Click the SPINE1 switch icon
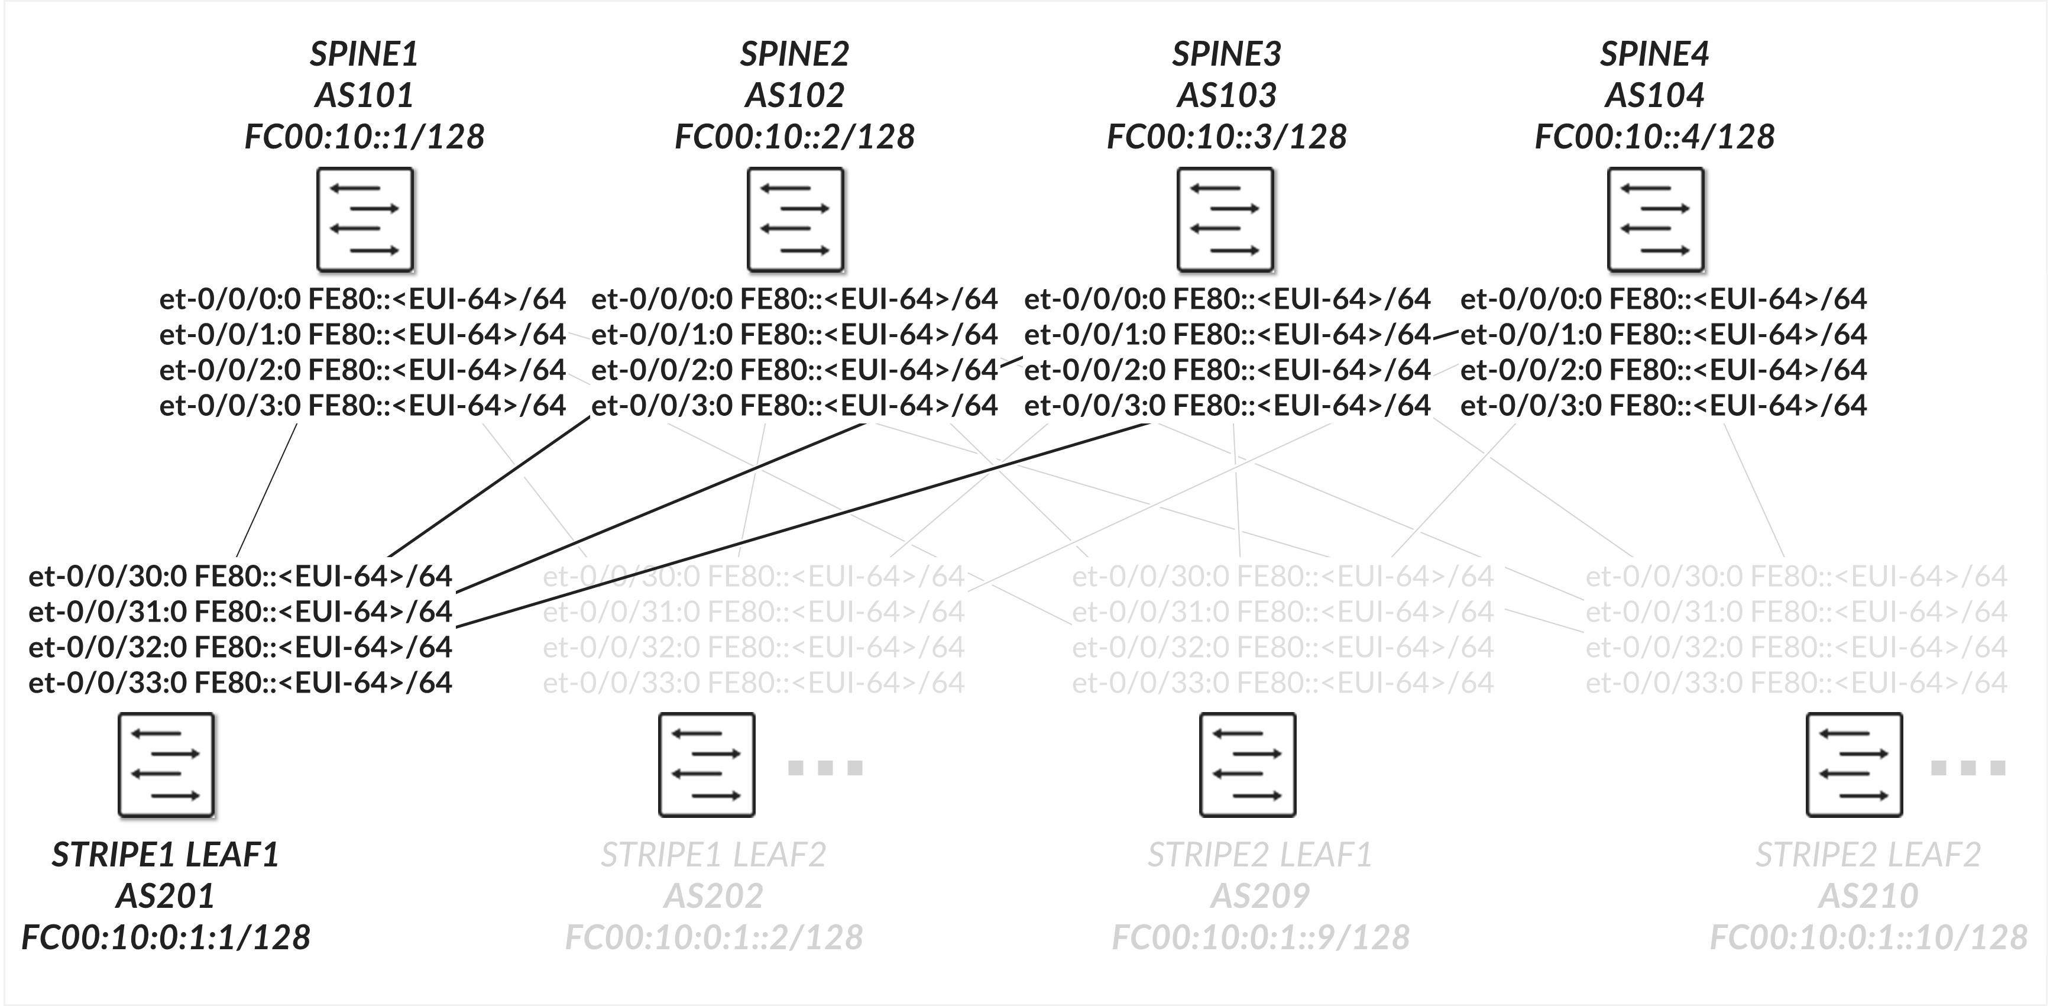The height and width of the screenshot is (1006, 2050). tap(365, 219)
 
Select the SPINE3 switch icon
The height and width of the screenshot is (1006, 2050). tap(1226, 219)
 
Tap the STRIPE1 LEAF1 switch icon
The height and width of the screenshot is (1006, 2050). tap(166, 765)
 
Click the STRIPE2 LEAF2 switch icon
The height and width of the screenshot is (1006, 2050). tap(1854, 765)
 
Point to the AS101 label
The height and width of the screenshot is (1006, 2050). tap(364, 95)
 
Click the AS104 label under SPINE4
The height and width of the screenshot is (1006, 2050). tap(1654, 95)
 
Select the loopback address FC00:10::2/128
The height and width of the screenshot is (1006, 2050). tap(794, 137)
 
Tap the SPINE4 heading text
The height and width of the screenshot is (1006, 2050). tap(1654, 54)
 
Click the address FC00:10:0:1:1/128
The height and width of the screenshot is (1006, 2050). tap(166, 937)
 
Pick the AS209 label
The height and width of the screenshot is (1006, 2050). tap(1260, 896)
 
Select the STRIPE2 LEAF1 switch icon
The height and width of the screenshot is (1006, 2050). tap(1248, 765)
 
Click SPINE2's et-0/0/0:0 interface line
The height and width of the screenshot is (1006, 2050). tap(794, 299)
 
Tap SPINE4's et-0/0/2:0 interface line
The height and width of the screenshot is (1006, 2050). tap(1663, 369)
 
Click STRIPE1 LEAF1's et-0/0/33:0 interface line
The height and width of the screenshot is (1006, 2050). tap(240, 682)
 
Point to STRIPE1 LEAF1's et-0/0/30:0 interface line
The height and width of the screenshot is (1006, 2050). tap(240, 575)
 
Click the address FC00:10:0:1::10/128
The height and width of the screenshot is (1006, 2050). tap(1868, 937)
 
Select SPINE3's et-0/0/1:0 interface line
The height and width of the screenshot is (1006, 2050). tap(1227, 334)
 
